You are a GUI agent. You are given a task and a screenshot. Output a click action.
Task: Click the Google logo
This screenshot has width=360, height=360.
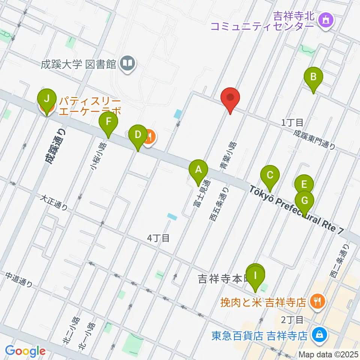[25, 351]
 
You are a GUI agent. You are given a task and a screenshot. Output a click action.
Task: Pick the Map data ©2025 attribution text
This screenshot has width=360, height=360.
[328, 354]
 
